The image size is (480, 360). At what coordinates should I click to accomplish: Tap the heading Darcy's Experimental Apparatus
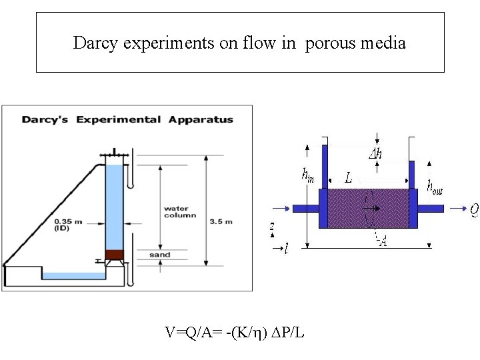coord(127,120)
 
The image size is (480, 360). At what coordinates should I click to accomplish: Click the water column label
coord(179,212)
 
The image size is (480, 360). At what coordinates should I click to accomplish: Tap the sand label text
coord(160,255)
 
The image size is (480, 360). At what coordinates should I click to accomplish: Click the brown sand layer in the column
coord(115,255)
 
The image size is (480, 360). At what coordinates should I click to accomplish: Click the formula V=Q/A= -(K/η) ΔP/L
coord(235,331)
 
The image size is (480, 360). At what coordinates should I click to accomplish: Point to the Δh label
coord(375,154)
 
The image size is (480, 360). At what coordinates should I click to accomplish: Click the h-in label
coord(308,175)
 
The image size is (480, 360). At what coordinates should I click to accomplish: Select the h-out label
coord(435,188)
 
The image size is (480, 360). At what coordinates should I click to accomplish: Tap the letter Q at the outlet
coord(474,210)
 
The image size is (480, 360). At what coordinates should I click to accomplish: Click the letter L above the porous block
coord(348,178)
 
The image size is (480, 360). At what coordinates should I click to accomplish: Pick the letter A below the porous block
coord(383,241)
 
